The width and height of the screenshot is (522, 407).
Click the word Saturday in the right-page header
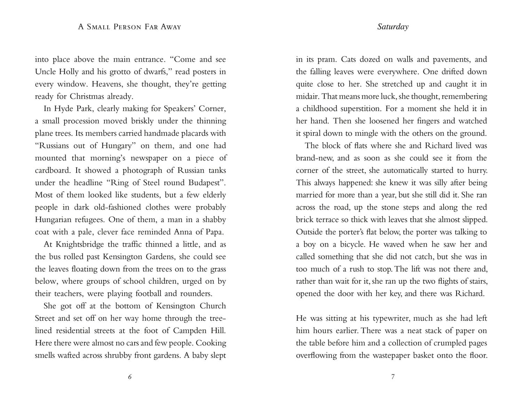coord(393,27)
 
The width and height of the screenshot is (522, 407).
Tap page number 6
coord(130,377)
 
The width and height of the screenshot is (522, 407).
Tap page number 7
coord(393,377)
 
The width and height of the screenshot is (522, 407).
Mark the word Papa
coord(216,232)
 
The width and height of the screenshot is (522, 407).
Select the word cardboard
coord(52,170)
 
